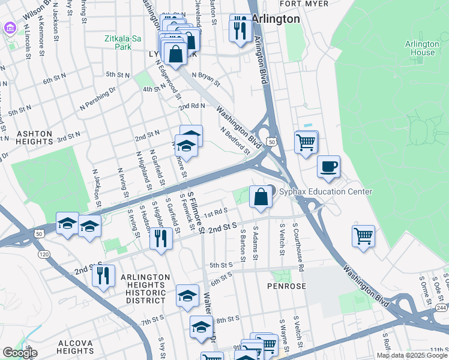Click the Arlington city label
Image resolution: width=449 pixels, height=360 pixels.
(276, 19)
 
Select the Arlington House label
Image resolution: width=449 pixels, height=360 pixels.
(421, 49)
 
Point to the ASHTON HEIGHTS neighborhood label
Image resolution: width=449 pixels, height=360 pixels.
(26, 137)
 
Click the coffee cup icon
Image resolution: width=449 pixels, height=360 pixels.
(328, 167)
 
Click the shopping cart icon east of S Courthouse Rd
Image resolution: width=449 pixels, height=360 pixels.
(363, 236)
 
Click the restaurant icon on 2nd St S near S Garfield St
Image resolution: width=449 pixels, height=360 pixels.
(161, 238)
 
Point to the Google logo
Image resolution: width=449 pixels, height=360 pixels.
(19, 352)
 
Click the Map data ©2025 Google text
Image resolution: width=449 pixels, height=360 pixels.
(412, 355)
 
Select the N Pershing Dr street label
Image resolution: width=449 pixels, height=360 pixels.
(95, 94)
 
